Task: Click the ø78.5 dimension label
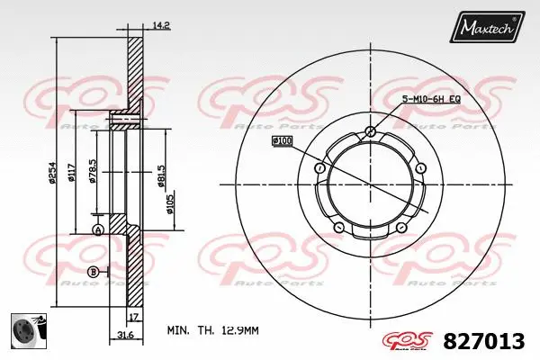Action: [x=92, y=169]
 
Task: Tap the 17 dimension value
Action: [x=133, y=318]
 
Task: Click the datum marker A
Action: [x=98, y=231]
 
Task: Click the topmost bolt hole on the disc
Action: [x=371, y=132]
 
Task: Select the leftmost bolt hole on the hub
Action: [x=319, y=168]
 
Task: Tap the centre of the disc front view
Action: [x=371, y=185]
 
